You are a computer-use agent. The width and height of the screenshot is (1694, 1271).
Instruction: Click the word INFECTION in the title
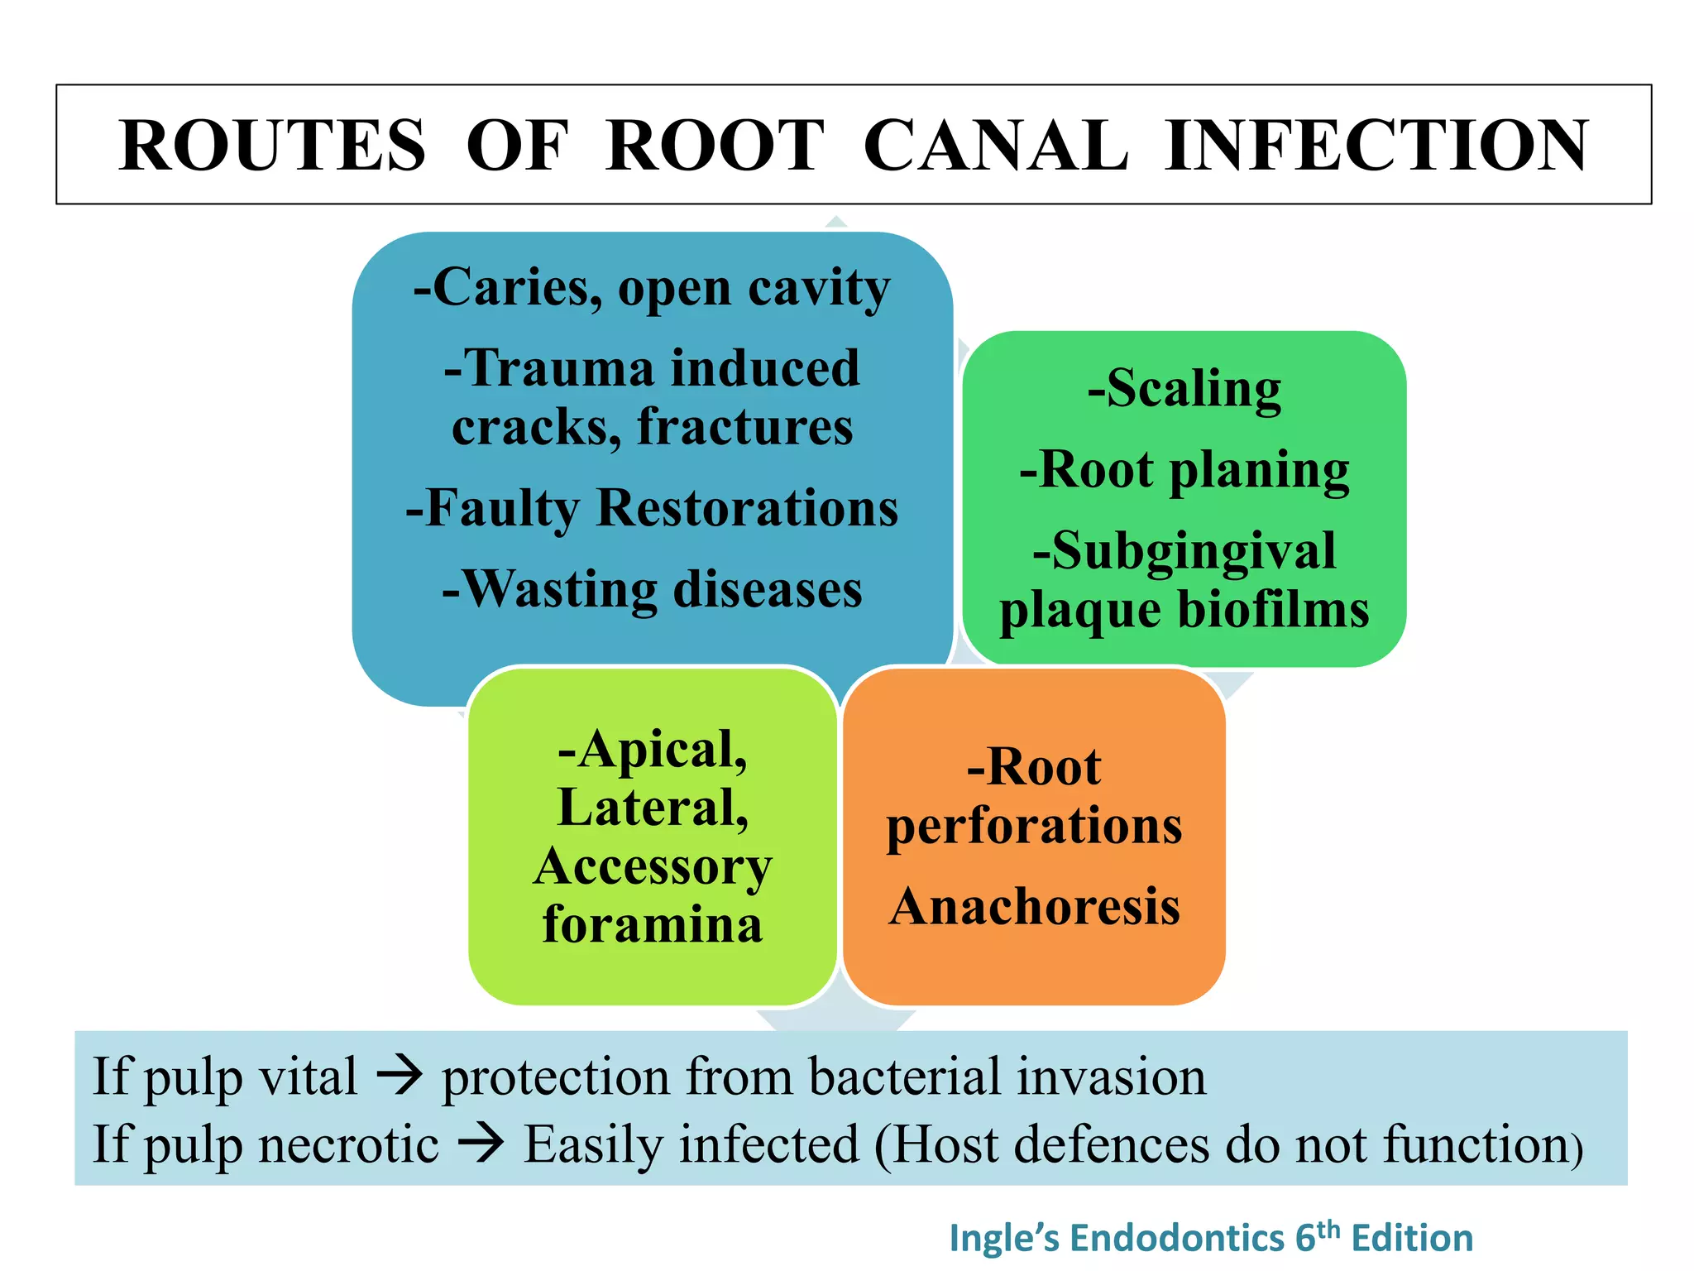1376,146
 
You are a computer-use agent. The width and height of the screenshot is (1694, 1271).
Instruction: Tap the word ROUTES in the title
272,146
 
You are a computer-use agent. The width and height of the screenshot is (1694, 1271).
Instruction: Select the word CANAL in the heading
996,146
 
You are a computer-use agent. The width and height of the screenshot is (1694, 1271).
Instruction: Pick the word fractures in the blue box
744,427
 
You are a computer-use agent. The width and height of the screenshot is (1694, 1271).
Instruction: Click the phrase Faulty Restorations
652,507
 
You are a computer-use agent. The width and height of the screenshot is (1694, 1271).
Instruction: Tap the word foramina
652,923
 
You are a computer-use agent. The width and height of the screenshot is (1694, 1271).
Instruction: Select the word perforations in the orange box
1034,826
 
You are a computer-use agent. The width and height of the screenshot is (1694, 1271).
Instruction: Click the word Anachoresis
1034,906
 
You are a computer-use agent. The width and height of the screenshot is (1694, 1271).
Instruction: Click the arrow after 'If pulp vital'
400,1077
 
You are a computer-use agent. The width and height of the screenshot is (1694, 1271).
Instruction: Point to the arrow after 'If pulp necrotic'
481,1144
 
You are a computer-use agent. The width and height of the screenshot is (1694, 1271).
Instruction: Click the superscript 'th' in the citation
1328,1229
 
